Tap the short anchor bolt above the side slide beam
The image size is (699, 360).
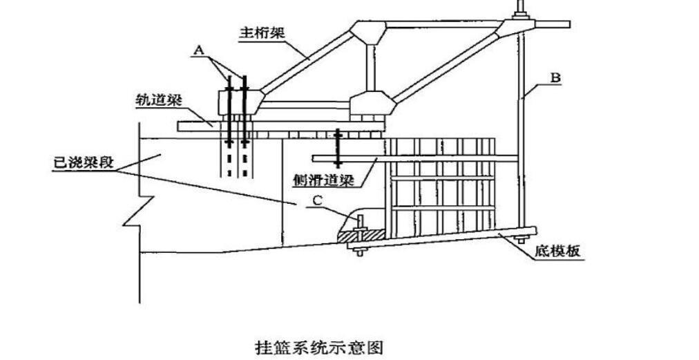coord(337,147)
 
